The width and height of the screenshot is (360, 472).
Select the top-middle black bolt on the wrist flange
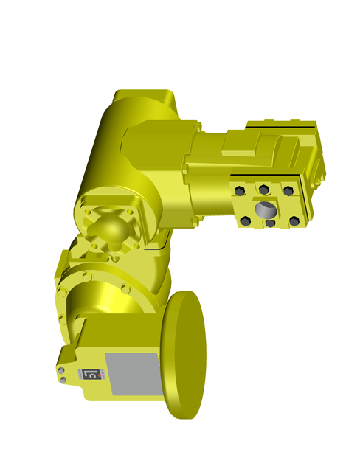pos(263,190)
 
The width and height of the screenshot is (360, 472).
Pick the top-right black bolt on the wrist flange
pos(288,191)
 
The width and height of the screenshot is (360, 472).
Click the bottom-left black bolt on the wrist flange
pos(246,221)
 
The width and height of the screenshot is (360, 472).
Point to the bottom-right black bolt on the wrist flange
pos(294,221)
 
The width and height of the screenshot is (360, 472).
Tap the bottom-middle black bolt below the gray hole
pos(271,223)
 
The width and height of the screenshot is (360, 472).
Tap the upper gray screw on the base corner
pos(62,370)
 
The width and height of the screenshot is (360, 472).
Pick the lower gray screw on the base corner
pos(63,381)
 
